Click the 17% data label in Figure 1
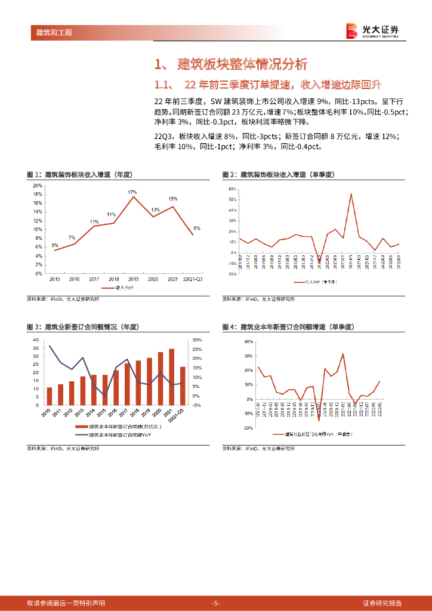(x=132, y=192)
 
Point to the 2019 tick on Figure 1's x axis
(x=133, y=279)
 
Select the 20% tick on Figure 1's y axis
(x=37, y=186)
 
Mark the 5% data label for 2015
(x=54, y=245)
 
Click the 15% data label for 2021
(x=172, y=199)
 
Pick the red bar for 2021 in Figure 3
(x=172, y=377)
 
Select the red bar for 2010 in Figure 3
(x=50, y=396)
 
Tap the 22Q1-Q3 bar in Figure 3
(x=183, y=385)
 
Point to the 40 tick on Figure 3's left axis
(x=36, y=340)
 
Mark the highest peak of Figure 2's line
(x=351, y=193)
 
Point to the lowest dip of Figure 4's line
(x=319, y=421)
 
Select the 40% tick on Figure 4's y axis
(x=249, y=342)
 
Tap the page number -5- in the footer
(x=216, y=603)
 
